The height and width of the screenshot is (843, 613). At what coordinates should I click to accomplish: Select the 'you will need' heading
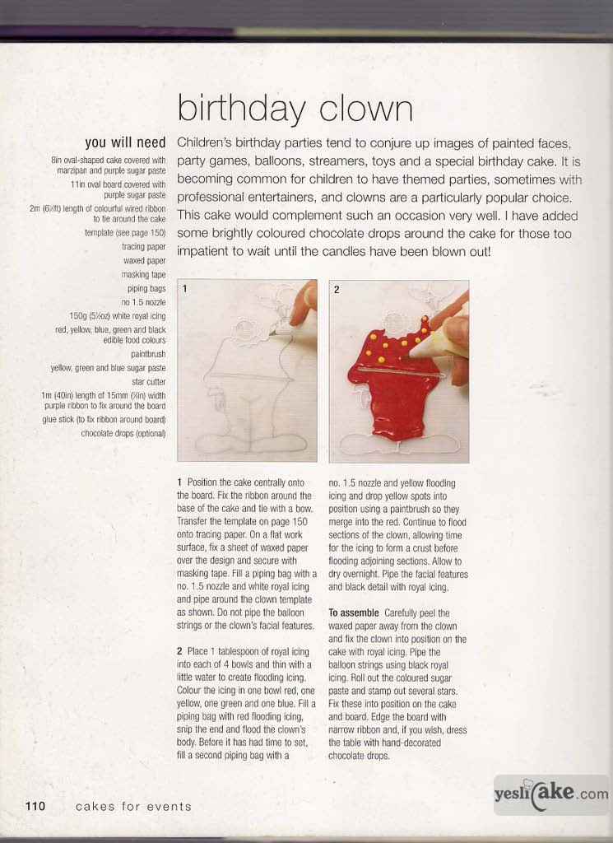point(125,142)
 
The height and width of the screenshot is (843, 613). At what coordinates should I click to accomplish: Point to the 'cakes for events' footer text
point(133,807)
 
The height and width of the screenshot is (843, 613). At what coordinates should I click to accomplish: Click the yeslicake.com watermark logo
point(550,794)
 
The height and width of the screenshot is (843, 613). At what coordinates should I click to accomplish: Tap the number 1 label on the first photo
point(185,289)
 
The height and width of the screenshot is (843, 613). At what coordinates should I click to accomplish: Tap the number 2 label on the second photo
point(336,289)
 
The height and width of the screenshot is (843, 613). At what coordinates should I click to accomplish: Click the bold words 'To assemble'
point(353,612)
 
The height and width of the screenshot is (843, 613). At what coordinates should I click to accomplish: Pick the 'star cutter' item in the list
point(148,382)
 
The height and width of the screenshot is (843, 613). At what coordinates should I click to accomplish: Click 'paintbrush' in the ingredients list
point(148,354)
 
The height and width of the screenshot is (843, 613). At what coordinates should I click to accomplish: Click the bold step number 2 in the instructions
point(179,650)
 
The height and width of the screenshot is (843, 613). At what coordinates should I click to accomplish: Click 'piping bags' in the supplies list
point(146,288)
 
